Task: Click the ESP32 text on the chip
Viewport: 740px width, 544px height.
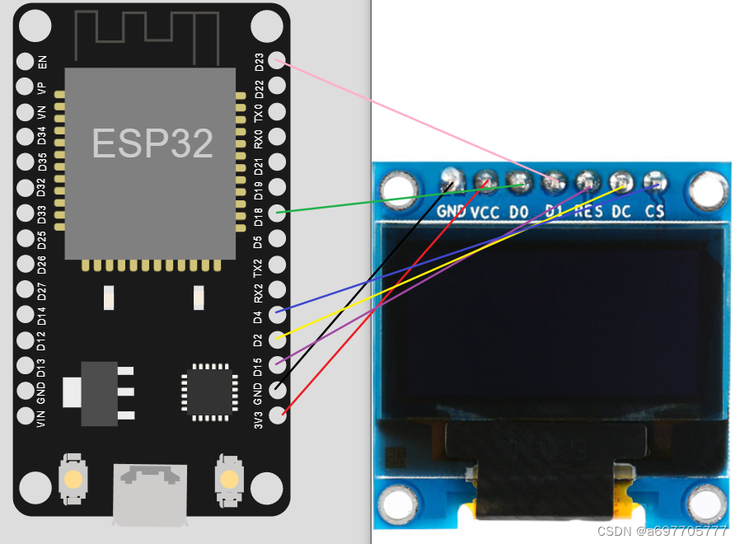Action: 152,143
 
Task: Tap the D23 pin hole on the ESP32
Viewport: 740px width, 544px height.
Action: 278,61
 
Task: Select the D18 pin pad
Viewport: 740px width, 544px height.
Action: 278,213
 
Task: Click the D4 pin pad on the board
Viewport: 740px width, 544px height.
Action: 278,312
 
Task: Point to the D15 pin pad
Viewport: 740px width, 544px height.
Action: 278,363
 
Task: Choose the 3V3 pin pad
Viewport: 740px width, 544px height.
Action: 278,414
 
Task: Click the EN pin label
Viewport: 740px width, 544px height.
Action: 43,61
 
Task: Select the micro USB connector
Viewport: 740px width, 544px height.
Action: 150,492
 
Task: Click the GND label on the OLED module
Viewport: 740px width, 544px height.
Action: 452,211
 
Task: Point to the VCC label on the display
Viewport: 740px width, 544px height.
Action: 486,211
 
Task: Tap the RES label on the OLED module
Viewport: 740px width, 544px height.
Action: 588,211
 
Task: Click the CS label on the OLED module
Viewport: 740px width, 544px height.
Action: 655,211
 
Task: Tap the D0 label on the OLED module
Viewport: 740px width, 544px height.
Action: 519,211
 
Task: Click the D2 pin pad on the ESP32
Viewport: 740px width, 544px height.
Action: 278,337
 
